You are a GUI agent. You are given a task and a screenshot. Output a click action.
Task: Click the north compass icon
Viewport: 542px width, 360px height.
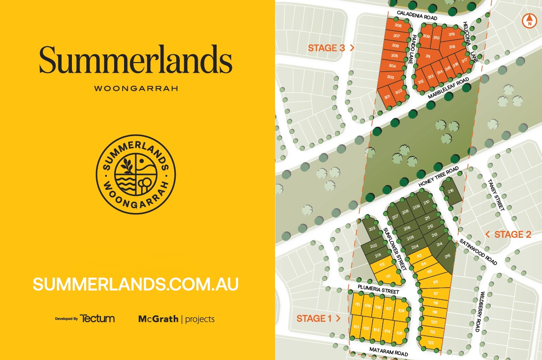(x=530, y=21)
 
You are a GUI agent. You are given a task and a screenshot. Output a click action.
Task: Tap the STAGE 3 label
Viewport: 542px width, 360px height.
(x=327, y=48)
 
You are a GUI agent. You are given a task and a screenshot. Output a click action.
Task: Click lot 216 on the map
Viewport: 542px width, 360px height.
(x=451, y=191)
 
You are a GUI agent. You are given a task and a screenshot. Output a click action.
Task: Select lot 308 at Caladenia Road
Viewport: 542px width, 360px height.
(x=398, y=26)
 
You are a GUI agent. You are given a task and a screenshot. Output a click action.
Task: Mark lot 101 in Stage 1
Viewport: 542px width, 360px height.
(x=356, y=327)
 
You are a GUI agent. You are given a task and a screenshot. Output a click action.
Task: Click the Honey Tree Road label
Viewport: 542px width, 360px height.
(x=438, y=177)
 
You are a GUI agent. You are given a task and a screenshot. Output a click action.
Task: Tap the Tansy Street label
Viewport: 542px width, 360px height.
(x=496, y=195)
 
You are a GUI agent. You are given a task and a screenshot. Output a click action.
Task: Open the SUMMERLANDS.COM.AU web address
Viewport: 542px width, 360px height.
(x=135, y=284)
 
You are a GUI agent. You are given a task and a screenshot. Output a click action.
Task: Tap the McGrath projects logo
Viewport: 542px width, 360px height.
(x=176, y=319)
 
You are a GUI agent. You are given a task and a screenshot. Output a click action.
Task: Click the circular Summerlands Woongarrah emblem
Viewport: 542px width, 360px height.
(x=136, y=175)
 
